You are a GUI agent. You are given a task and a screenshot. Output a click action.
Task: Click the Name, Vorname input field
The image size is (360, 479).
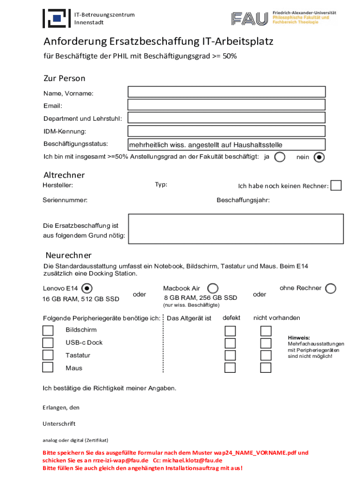click(227, 92)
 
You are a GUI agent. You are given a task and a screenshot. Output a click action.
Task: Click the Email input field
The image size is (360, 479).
click(227, 105)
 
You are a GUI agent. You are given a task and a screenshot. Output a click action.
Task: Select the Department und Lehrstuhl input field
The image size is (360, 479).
click(227, 118)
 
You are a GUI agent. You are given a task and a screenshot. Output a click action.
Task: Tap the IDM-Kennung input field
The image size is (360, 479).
click(227, 131)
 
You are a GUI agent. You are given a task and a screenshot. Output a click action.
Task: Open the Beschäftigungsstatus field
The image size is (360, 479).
click(227, 145)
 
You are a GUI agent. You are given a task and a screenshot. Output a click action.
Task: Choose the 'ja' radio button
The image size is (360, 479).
click(280, 157)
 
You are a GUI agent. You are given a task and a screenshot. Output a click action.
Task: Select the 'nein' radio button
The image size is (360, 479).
click(319, 157)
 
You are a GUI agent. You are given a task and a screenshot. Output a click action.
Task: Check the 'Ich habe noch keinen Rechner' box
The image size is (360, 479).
click(336, 186)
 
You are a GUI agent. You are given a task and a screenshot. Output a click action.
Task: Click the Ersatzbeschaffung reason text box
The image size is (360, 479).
click(236, 229)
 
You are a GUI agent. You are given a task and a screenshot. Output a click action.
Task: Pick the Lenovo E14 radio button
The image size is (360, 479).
click(87, 288)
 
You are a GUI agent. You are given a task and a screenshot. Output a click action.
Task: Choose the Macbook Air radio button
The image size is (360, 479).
click(212, 288)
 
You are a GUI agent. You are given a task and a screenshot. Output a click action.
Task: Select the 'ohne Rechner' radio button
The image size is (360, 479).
click(331, 288)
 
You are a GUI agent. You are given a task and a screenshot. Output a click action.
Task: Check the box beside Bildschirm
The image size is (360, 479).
click(48, 330)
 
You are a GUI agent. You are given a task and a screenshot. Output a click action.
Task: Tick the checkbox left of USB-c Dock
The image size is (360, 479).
click(48, 343)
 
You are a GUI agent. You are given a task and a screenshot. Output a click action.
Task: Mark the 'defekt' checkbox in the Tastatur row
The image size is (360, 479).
click(230, 356)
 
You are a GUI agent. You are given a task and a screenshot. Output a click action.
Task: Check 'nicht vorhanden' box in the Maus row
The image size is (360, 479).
click(266, 368)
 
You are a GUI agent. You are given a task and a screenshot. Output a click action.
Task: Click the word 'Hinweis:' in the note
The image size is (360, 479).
click(299, 337)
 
